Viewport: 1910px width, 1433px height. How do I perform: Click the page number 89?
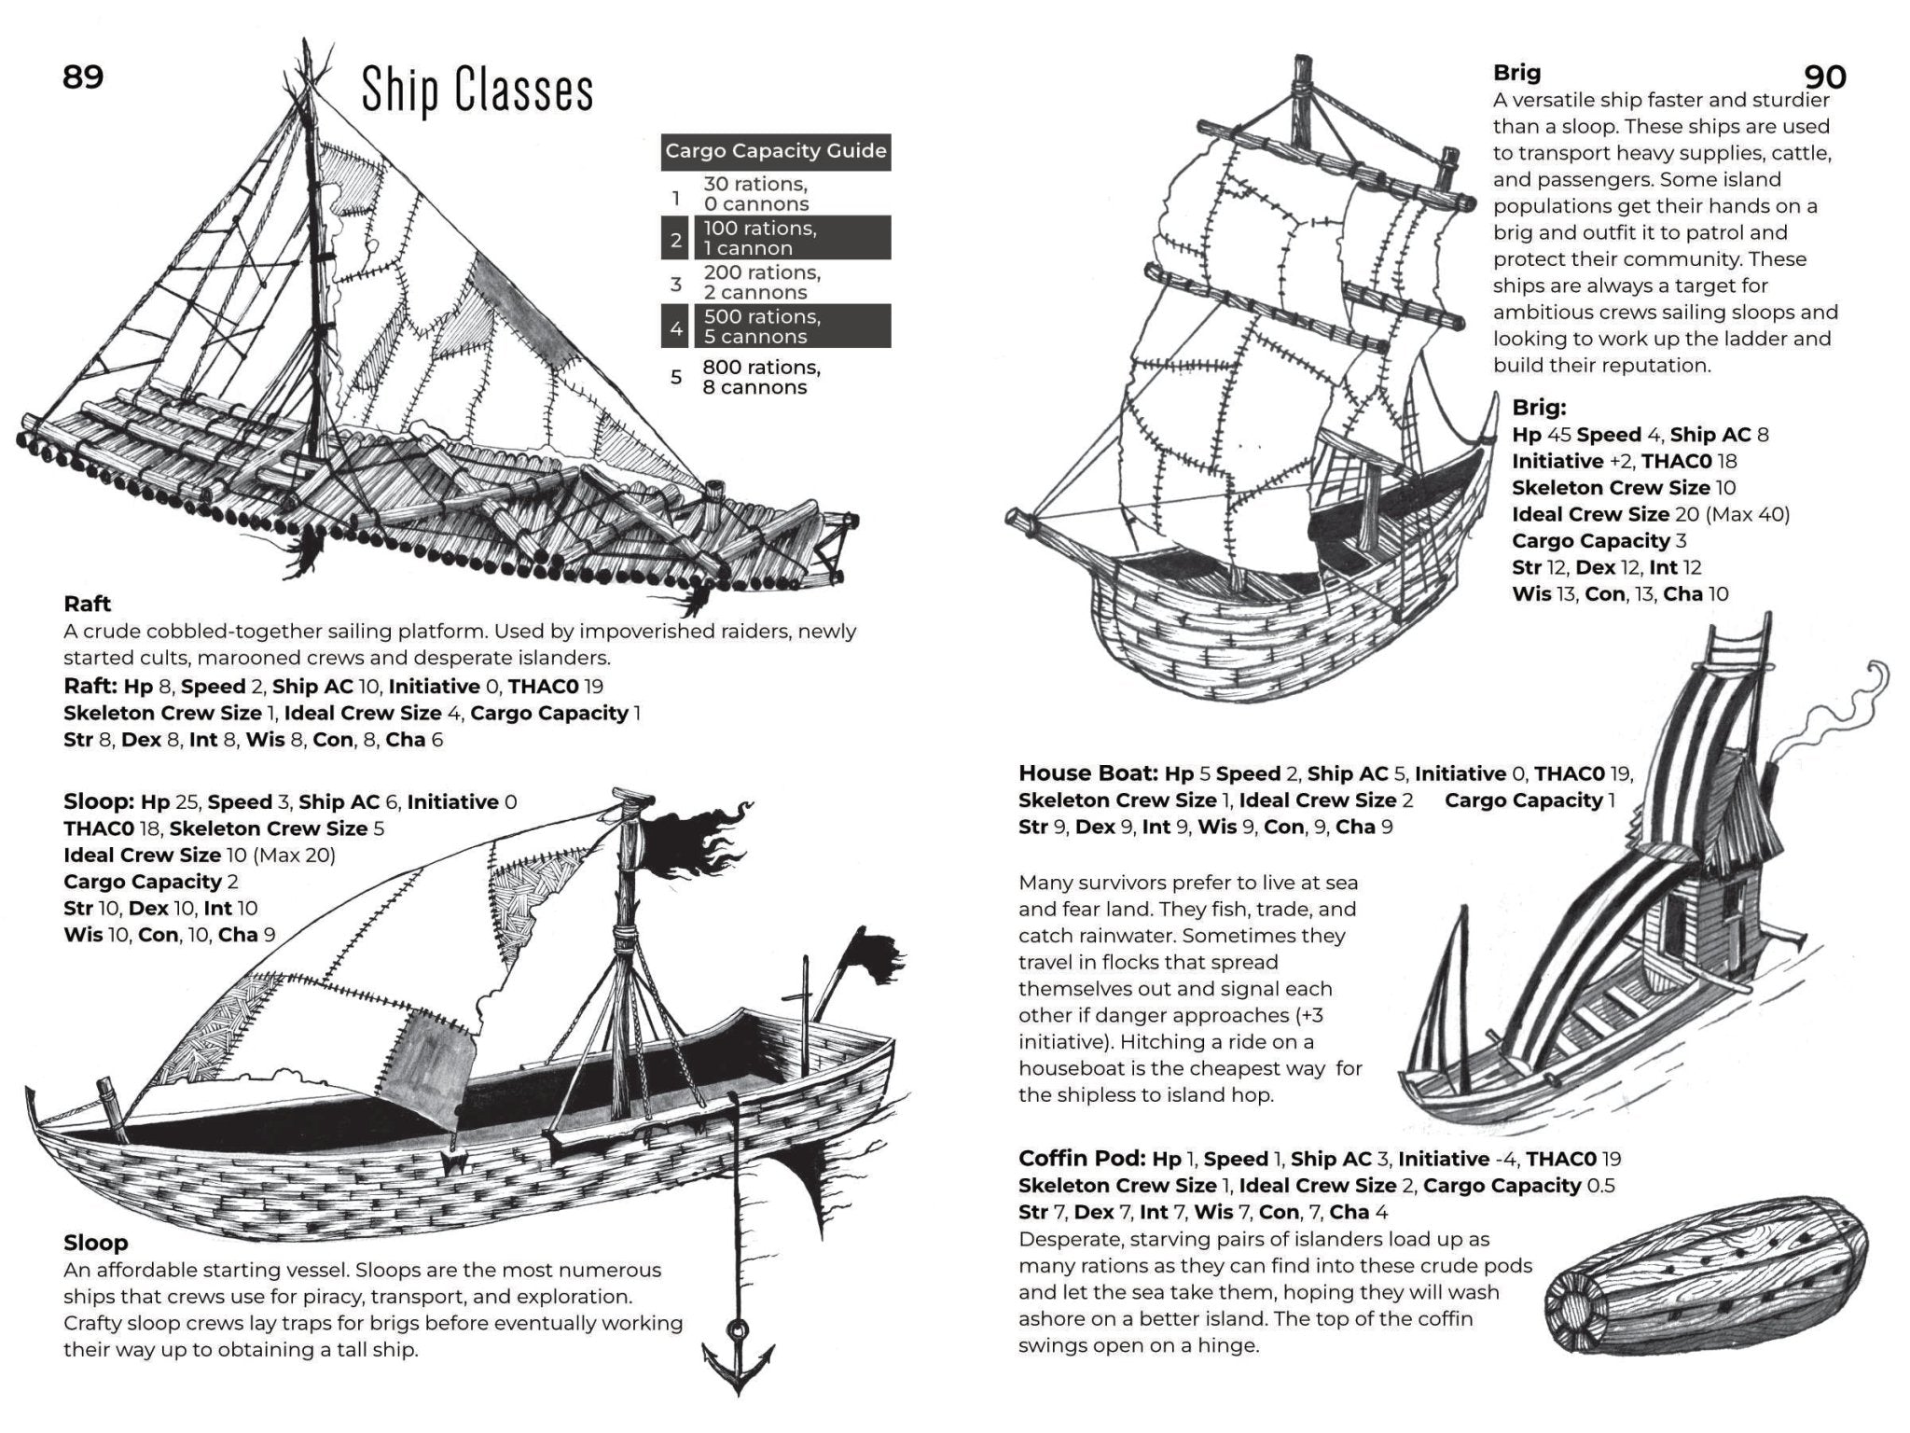point(82,77)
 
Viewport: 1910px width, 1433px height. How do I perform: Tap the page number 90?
point(1825,77)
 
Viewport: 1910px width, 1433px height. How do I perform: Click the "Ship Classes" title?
point(477,90)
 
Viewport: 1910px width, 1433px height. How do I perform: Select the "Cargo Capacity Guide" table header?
point(775,151)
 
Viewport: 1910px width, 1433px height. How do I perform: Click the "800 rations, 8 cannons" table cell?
point(761,377)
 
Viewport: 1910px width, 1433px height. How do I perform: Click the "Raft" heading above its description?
point(88,604)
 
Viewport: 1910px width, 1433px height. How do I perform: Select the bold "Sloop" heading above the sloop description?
point(95,1243)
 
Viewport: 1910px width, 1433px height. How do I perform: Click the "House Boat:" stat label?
point(1087,773)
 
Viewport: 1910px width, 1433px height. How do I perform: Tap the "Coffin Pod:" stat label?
point(1081,1159)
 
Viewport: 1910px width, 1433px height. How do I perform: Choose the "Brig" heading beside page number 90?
point(1516,73)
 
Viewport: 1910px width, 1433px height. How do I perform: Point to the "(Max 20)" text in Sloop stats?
point(294,855)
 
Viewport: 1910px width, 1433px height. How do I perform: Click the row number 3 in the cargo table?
point(676,283)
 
